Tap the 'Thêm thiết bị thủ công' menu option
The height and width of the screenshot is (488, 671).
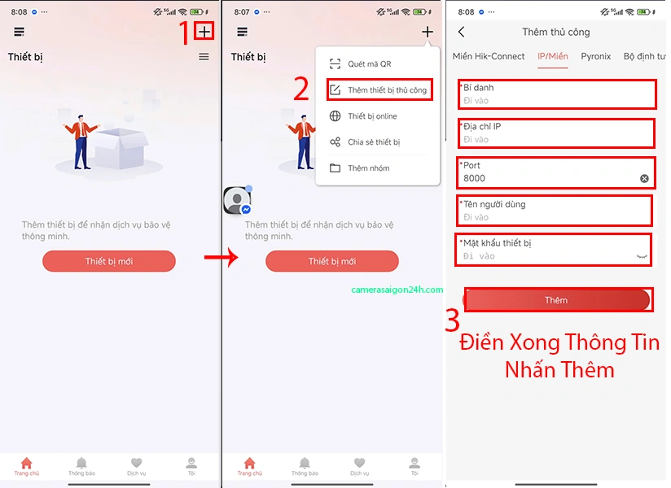coord(379,90)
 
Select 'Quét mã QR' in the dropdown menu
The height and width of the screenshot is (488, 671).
coord(370,64)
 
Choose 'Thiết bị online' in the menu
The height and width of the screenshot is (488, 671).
coord(372,116)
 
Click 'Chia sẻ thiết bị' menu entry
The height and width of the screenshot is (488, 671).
coord(374,142)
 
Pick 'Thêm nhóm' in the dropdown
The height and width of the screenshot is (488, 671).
coord(368,168)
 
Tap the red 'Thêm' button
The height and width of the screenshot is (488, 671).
coord(557,300)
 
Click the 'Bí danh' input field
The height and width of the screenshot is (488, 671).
coord(557,101)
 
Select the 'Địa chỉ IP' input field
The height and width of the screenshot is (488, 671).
coord(557,140)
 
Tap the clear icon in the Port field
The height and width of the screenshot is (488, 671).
coord(644,178)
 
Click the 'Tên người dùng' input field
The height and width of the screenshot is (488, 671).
coord(557,217)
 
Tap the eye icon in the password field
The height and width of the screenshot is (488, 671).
coord(642,256)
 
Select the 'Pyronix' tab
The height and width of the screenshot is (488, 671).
coord(596,56)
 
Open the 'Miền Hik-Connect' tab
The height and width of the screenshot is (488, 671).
coord(489,56)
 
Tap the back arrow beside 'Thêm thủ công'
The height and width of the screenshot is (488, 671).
coord(462,32)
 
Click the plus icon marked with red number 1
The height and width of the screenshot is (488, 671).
coord(204,32)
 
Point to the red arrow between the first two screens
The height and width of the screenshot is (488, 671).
coord(221,258)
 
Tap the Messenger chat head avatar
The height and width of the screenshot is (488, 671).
coord(237,200)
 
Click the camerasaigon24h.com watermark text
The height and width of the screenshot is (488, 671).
coord(397,290)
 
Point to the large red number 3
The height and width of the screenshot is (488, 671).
coord(453,320)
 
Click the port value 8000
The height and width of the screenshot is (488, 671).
coord(474,178)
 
